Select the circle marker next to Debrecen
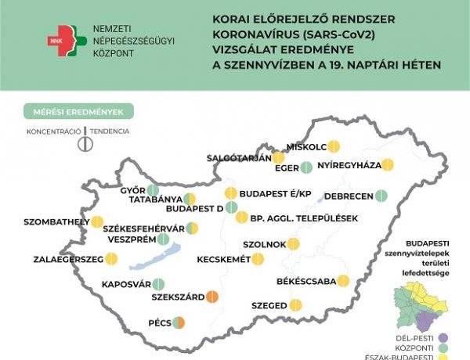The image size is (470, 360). tap(381, 196)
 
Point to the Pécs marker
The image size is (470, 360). tap(179, 322)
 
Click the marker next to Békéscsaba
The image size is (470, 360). tap(343, 281)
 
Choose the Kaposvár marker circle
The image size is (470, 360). tap(158, 285)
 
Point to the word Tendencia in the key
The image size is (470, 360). tap(109, 130)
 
